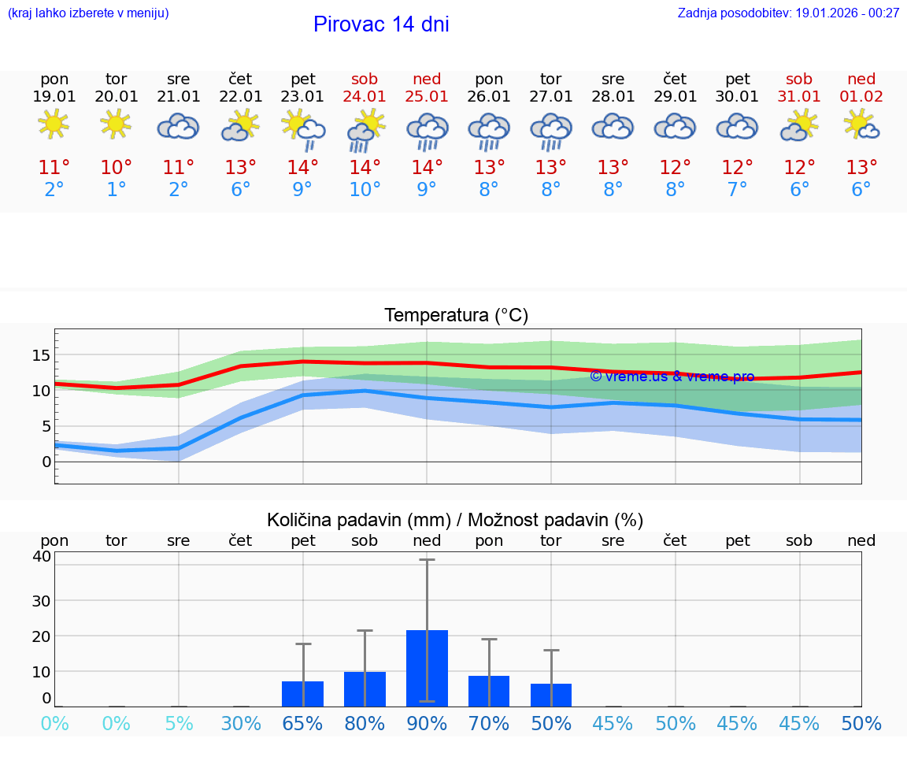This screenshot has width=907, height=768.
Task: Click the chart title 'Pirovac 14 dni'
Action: [381, 24]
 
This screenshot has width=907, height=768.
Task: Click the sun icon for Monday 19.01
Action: [54, 124]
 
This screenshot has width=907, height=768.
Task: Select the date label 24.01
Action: [365, 96]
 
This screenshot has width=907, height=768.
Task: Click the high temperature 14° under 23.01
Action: [302, 167]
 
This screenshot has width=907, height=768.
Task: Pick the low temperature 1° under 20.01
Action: [116, 189]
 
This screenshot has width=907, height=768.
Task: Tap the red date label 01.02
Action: [861, 96]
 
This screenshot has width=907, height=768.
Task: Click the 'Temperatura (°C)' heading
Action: [456, 316]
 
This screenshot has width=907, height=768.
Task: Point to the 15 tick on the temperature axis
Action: [41, 355]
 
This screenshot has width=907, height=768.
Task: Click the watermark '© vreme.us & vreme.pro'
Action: [672, 377]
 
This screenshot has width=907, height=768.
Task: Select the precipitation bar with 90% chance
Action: [427, 668]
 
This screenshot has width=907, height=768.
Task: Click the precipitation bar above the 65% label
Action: [302, 694]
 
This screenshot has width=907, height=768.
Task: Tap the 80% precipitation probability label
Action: [365, 724]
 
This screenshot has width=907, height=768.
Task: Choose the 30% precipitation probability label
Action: [241, 724]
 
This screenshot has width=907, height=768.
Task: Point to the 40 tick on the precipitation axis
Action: [41, 556]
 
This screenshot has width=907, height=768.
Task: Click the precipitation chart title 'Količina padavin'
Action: [455, 520]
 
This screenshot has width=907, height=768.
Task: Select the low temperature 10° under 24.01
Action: [365, 189]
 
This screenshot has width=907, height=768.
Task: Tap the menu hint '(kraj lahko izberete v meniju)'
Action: [88, 13]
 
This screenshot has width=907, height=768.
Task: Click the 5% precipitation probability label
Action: [179, 724]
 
